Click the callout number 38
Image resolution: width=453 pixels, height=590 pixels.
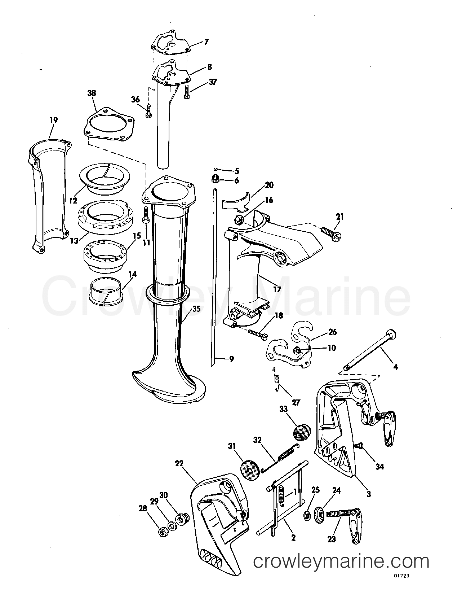[92, 93]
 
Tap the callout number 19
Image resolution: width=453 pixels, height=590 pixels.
[54, 120]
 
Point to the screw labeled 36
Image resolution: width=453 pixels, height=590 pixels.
[148, 112]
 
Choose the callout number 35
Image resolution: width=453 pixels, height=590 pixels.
[196, 309]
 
